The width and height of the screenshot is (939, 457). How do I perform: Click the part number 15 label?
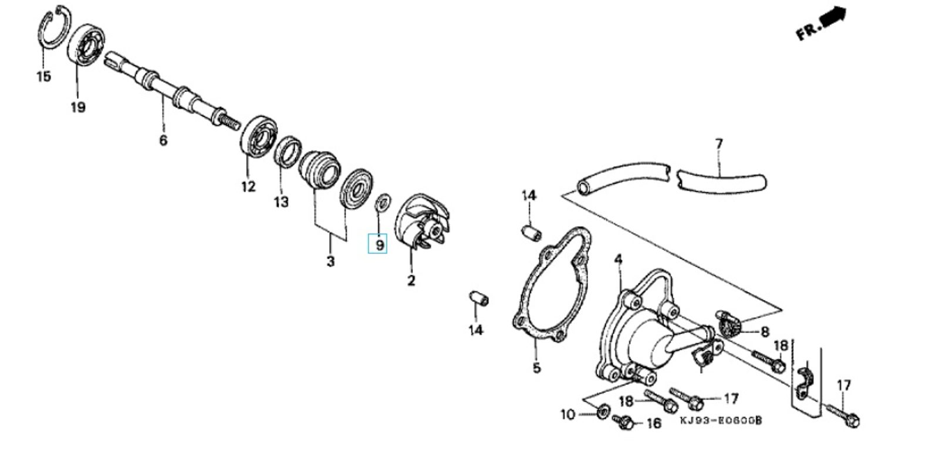click(x=43, y=76)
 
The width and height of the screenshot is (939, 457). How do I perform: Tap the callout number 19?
click(x=78, y=107)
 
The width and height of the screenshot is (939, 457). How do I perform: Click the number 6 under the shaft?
click(x=164, y=140)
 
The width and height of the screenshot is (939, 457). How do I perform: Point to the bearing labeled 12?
click(x=259, y=136)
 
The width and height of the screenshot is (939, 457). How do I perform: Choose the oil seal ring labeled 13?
click(x=288, y=151)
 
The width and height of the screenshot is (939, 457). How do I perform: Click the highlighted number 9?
click(x=380, y=245)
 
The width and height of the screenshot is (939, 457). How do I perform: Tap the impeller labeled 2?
click(x=423, y=223)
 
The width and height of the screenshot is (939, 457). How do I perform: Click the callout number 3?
click(x=331, y=261)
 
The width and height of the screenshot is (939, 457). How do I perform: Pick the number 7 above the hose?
click(x=719, y=145)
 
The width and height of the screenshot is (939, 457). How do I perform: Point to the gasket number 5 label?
click(x=536, y=368)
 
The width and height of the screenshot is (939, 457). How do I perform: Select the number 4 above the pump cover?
click(x=619, y=260)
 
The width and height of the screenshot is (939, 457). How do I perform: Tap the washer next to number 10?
click(x=602, y=411)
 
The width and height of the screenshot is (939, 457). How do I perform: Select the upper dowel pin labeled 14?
click(x=531, y=234)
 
